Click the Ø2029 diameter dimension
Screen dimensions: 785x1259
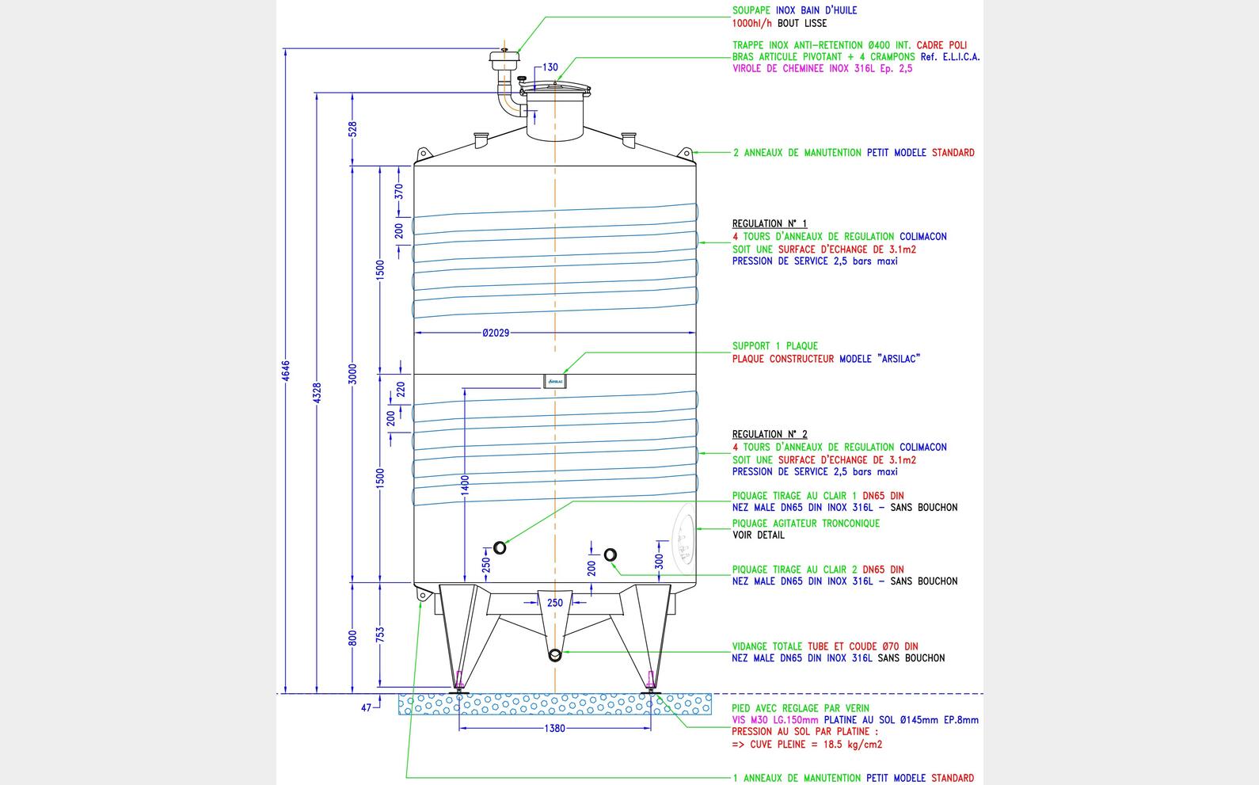(496, 333)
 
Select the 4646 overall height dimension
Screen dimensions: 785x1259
(286, 371)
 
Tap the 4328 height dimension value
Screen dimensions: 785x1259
(317, 393)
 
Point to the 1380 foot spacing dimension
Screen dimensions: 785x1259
(555, 728)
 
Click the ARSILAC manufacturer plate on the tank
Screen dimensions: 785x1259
(554, 382)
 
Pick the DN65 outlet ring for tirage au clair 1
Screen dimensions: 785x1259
(500, 547)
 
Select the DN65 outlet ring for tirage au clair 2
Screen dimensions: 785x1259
(610, 554)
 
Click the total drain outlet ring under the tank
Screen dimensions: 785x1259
(555, 655)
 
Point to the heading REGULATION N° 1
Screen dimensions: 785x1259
(770, 224)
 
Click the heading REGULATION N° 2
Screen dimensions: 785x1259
(770, 434)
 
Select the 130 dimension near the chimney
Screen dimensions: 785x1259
(550, 68)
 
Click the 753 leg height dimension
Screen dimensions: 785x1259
(380, 634)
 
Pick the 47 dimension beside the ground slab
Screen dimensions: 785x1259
(366, 708)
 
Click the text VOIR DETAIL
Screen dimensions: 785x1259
(758, 535)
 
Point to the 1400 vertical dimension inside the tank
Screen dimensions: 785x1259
(466, 486)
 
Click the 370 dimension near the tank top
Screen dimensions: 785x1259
(400, 192)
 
